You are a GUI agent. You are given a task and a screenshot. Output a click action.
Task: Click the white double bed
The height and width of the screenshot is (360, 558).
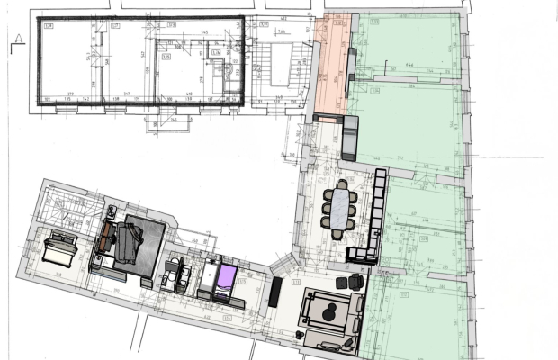[63, 243]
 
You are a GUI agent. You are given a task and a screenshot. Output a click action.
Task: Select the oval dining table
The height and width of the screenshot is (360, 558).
[340, 208]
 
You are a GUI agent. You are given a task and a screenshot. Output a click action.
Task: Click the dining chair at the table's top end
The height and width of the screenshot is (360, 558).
[341, 184]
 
